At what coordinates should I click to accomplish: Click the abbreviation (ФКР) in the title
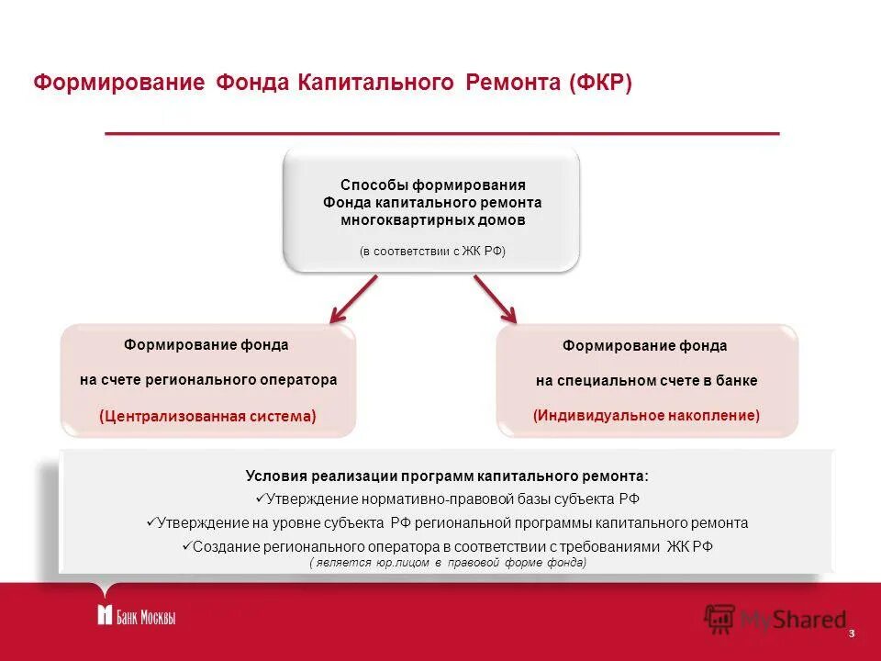click(x=600, y=83)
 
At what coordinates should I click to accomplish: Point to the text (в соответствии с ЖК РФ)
click(x=432, y=251)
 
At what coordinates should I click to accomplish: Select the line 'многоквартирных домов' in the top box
click(x=432, y=220)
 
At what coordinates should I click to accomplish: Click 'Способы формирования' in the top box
click(x=432, y=185)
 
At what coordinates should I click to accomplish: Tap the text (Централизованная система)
click(x=207, y=416)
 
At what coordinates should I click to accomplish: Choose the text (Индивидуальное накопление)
click(x=647, y=415)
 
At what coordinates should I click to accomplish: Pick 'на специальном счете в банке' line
click(x=647, y=380)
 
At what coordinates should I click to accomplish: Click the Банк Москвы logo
click(x=136, y=616)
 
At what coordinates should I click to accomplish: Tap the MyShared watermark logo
click(x=775, y=619)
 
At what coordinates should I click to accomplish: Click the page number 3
click(x=852, y=634)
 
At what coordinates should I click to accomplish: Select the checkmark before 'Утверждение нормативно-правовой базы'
click(x=259, y=499)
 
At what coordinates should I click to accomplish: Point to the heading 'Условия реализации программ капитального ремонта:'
click(x=447, y=476)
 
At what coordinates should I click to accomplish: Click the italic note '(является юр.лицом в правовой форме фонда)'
click(x=447, y=562)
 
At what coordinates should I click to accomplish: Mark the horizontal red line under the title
click(x=441, y=134)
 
